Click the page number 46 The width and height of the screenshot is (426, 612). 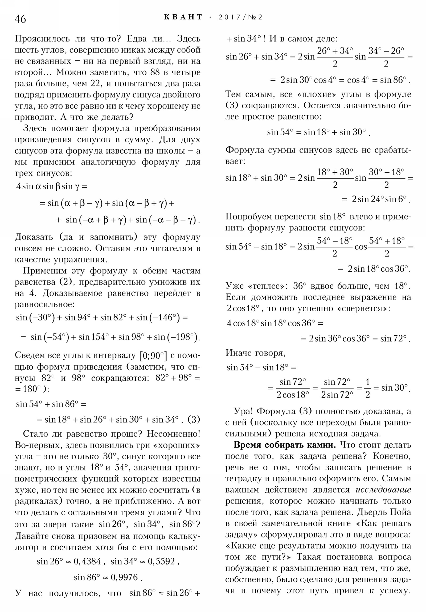(x=20, y=19)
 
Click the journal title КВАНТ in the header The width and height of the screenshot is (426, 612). (x=183, y=17)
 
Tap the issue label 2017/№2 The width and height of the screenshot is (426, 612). (x=240, y=17)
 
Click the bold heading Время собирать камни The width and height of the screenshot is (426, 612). (x=284, y=445)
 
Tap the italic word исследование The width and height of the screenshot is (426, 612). (x=383, y=490)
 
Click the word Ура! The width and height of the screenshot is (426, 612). (x=243, y=411)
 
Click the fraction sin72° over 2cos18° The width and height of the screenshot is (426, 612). (x=293, y=388)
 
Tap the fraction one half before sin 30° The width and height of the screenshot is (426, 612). (x=367, y=388)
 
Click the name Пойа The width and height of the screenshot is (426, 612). (x=400, y=512)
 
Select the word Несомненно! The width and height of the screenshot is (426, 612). (x=173, y=434)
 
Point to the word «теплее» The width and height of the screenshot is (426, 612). (x=267, y=286)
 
